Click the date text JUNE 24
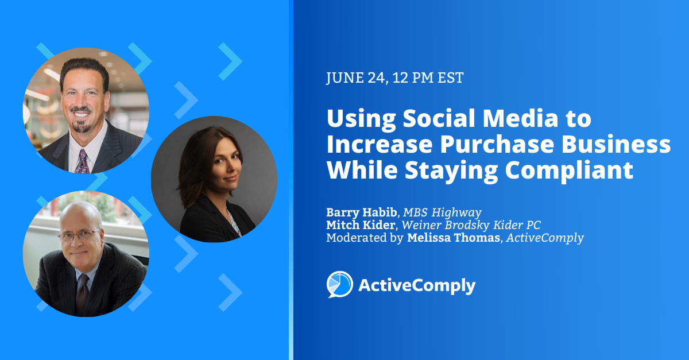(x=355, y=78)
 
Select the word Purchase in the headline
(x=497, y=144)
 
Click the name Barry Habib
(x=361, y=212)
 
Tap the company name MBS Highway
(x=442, y=212)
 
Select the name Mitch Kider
(x=361, y=225)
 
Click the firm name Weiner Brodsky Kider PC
(x=471, y=225)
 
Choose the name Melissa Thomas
(x=454, y=238)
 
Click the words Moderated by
(x=365, y=238)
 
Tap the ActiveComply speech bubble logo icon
(x=339, y=285)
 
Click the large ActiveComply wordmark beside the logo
(x=417, y=286)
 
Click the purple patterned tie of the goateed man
(x=83, y=161)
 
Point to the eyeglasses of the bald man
(x=79, y=235)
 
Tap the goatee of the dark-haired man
(x=81, y=126)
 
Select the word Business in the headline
(x=616, y=144)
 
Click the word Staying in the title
(x=451, y=171)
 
